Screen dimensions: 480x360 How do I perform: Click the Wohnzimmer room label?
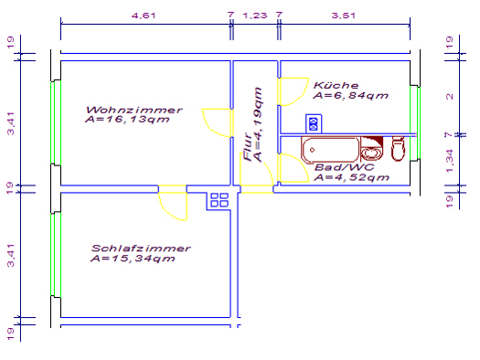[134, 110]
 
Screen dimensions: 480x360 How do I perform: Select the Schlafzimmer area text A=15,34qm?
[133, 259]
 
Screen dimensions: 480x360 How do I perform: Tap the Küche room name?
[336, 85]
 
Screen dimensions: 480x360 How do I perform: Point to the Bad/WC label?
[344, 167]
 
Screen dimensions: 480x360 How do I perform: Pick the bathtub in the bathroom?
[330, 150]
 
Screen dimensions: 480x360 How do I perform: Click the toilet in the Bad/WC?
[398, 149]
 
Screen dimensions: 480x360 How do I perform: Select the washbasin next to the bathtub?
[371, 149]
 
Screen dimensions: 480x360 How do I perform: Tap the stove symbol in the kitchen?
[314, 124]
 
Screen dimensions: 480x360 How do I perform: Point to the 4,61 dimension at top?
[144, 15]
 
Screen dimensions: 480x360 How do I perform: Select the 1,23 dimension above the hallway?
[255, 15]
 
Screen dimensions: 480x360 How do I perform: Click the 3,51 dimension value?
[344, 15]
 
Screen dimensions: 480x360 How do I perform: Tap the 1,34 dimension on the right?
[449, 161]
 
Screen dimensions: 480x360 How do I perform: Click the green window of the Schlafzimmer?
[56, 255]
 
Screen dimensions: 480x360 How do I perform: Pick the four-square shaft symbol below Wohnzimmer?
[219, 200]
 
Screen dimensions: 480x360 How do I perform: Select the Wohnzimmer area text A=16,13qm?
[127, 119]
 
